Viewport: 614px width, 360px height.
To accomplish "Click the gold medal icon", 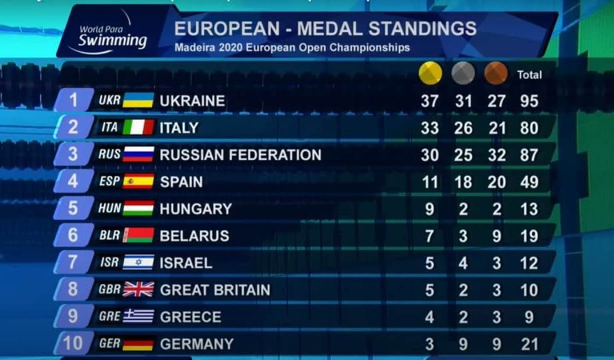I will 430,73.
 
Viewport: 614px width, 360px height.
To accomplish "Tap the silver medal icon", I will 463,73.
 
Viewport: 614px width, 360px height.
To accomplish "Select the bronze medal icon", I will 496,73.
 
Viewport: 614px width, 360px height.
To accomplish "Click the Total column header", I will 529,75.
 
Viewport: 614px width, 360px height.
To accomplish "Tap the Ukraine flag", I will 138,101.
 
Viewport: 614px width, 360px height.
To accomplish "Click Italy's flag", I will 138,127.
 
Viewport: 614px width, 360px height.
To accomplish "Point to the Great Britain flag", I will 138,289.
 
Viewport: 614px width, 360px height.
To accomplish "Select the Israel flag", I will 138,263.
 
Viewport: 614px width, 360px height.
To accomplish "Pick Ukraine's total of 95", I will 529,101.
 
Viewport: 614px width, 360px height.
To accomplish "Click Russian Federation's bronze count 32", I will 497,155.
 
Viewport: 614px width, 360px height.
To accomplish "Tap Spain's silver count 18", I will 463,182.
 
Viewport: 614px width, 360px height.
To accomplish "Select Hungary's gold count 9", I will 429,209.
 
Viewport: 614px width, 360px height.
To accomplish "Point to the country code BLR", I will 109,235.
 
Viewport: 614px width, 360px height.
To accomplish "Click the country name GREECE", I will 190,317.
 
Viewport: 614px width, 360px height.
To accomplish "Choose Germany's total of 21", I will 529,344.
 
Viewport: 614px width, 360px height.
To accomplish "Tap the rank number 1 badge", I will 73,101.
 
